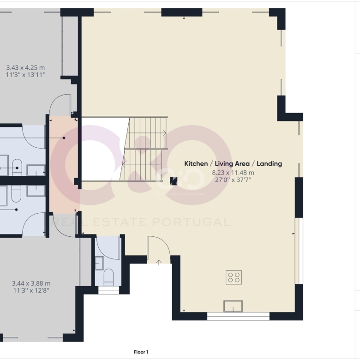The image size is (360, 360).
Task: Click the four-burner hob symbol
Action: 234,277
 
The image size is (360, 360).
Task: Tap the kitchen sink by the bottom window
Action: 233,306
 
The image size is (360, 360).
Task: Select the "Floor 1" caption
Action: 141,352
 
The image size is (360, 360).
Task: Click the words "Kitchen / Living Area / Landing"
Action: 233,164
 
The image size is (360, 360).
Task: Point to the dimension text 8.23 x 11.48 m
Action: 233,173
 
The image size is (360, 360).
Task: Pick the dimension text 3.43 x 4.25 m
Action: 25,68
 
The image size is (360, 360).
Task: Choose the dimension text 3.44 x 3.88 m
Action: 31,283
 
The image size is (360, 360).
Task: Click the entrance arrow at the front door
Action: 159,263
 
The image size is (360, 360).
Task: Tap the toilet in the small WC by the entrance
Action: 108,277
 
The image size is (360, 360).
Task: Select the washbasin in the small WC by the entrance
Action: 99,263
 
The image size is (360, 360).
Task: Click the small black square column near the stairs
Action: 174,181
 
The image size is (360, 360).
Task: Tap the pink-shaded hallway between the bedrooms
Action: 63,164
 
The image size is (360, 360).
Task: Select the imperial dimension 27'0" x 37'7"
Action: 233,180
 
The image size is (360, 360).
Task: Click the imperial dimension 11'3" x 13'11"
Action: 25,75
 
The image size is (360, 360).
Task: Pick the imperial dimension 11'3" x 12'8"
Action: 31,290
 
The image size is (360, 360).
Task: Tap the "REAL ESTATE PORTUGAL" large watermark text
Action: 141,222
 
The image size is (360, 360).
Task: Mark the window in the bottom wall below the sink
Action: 238,316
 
